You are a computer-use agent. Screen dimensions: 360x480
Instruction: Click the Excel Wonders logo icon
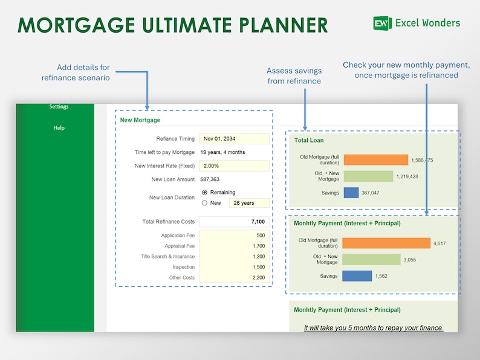tap(382, 24)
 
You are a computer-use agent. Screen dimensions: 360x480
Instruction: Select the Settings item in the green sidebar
tap(59, 107)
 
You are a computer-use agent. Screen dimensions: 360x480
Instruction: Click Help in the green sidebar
tap(59, 128)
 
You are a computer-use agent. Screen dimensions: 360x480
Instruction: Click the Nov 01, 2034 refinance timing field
tap(234, 139)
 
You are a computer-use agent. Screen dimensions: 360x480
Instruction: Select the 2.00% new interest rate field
tap(234, 166)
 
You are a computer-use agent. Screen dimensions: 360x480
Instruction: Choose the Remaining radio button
tap(204, 193)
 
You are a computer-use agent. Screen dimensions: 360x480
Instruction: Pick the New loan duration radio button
tap(204, 203)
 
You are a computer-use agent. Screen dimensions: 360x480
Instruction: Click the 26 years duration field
tap(249, 203)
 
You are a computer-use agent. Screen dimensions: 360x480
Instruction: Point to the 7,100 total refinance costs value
tap(234, 222)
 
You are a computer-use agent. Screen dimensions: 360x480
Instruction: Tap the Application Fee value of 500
tap(234, 236)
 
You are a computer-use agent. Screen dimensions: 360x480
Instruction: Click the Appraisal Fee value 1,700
tap(234, 246)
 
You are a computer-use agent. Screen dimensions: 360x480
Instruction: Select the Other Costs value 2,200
tap(234, 278)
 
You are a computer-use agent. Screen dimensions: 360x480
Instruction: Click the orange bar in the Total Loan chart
tap(375, 160)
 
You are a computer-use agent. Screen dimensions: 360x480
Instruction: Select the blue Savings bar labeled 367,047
tap(351, 193)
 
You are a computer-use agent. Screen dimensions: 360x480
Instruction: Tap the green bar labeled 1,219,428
tap(368, 176)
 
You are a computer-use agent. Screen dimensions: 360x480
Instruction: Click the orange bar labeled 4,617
tap(386, 243)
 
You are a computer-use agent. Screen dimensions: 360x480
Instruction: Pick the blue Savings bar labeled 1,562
tap(357, 276)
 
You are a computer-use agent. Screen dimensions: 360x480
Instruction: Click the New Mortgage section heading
tap(140, 120)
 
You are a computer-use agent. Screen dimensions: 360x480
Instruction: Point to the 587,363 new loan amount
tap(210, 179)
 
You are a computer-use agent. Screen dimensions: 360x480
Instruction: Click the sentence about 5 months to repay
tap(374, 328)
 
